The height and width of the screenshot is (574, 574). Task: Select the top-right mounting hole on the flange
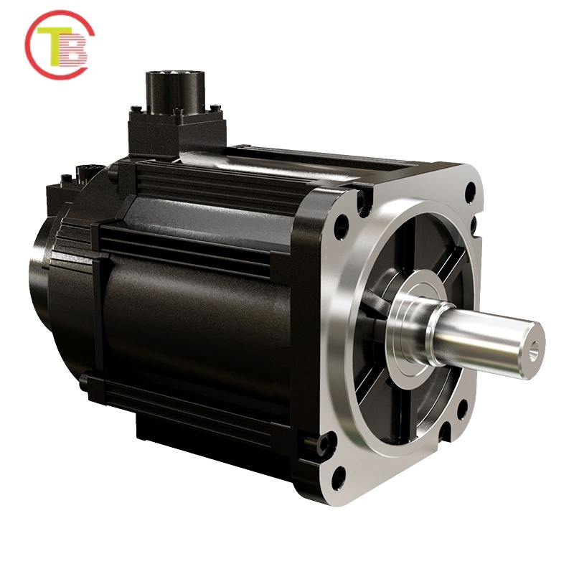point(470,192)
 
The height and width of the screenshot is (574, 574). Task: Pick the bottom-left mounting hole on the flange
point(339,476)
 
